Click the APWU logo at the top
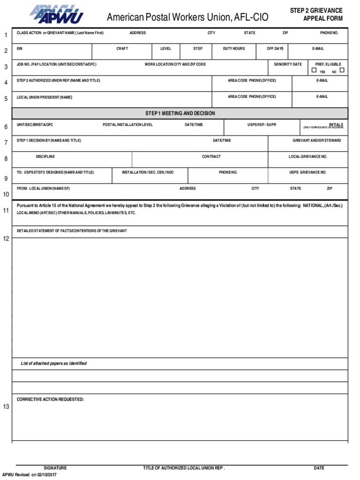point(57,15)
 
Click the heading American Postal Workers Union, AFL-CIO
point(187,18)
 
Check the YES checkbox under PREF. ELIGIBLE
point(314,70)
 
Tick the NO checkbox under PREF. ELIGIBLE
point(342,70)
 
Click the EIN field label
point(20,49)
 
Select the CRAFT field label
point(122,49)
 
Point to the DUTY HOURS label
point(233,49)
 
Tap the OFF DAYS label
point(275,49)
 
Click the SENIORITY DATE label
point(288,64)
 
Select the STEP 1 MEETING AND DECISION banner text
point(180,113)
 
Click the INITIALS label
point(336,125)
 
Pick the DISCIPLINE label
point(45,157)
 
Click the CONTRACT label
point(211,157)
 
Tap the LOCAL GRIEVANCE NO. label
point(307,157)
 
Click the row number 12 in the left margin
point(6,239)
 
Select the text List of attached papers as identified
point(53,363)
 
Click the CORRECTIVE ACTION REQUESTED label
point(50,399)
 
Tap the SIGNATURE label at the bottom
point(55,468)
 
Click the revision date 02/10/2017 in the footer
point(46,475)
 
